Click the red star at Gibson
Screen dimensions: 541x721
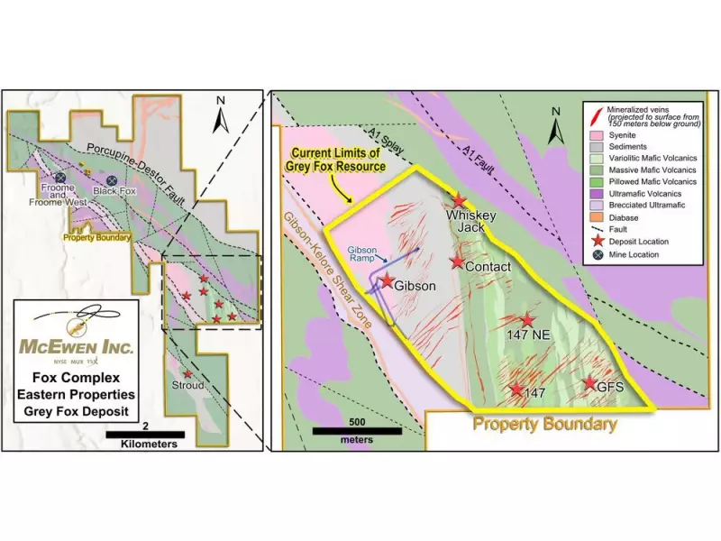click(388, 281)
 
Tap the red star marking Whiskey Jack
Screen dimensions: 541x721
click(460, 200)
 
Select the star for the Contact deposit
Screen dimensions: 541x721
click(458, 261)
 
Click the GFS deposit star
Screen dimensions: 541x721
click(590, 383)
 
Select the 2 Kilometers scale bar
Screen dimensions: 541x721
click(145, 435)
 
